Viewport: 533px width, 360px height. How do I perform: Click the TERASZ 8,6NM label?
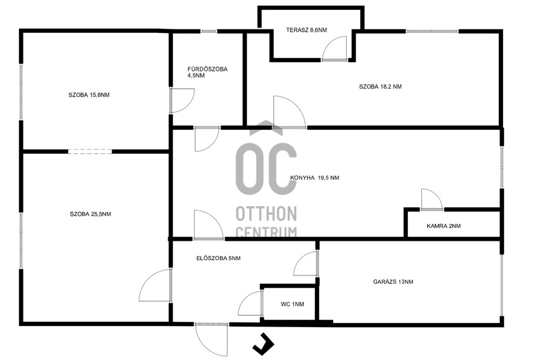point(306,29)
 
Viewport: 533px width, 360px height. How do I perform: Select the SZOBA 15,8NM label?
point(89,95)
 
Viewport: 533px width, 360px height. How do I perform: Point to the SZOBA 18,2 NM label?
point(380,86)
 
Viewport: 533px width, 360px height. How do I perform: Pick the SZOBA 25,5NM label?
point(90,214)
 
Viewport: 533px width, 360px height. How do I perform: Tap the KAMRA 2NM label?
point(444,226)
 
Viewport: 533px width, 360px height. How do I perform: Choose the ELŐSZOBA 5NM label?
point(218,258)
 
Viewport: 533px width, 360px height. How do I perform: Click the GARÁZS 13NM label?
point(393,282)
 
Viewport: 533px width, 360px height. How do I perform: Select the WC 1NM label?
point(292,304)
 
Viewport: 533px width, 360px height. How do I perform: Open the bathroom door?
point(182,100)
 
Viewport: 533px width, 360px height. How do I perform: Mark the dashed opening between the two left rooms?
point(89,152)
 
